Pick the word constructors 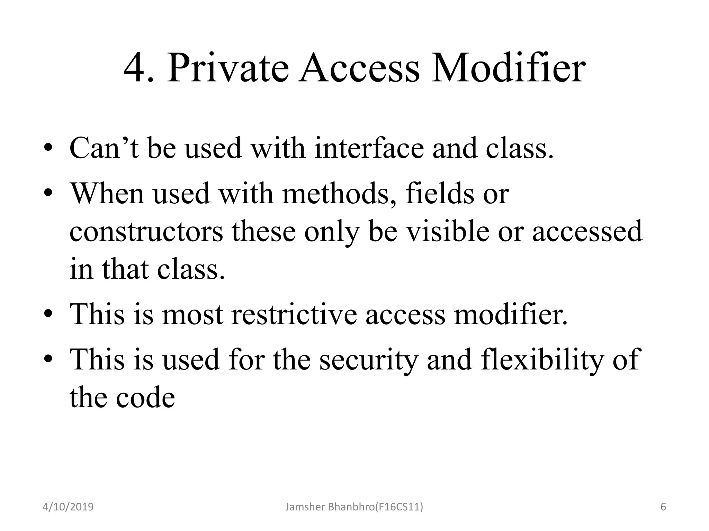click(x=146, y=231)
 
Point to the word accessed click(x=587, y=231)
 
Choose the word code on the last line click(x=145, y=398)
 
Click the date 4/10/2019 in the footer click(x=68, y=507)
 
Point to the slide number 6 click(x=663, y=507)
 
